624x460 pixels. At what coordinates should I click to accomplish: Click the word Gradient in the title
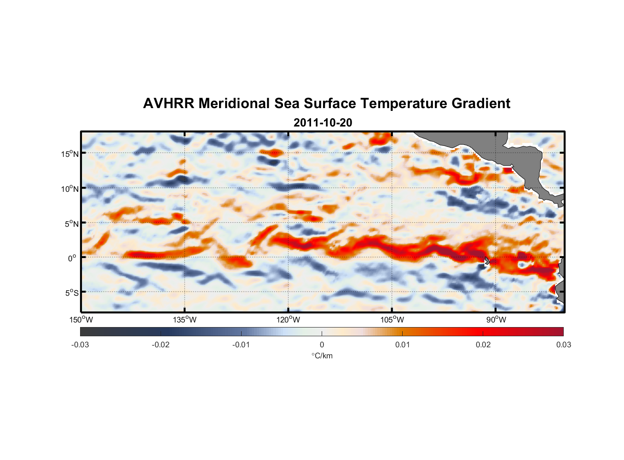480,103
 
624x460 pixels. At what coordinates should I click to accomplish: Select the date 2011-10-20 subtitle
323,123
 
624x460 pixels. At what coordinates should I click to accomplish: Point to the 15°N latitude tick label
70,154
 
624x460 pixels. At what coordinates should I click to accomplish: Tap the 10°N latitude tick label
70,189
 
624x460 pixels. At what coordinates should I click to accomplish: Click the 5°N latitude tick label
71,224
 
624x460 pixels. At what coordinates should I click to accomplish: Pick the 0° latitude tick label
72,258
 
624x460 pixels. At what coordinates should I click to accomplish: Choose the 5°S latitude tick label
71,293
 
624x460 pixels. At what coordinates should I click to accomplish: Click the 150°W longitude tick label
81,320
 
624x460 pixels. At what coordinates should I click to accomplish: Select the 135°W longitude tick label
185,320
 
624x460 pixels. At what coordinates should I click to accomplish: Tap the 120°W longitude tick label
288,320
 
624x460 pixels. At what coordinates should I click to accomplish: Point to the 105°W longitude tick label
392,320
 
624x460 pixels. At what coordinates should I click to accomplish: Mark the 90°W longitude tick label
496,320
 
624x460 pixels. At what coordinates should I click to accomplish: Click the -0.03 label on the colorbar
80,345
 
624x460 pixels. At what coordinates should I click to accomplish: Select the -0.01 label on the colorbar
241,345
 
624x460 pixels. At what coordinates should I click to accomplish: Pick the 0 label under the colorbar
322,345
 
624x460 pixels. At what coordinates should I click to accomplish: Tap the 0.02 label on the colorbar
483,345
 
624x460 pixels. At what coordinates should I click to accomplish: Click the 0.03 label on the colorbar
563,345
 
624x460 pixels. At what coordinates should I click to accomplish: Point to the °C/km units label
322,356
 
